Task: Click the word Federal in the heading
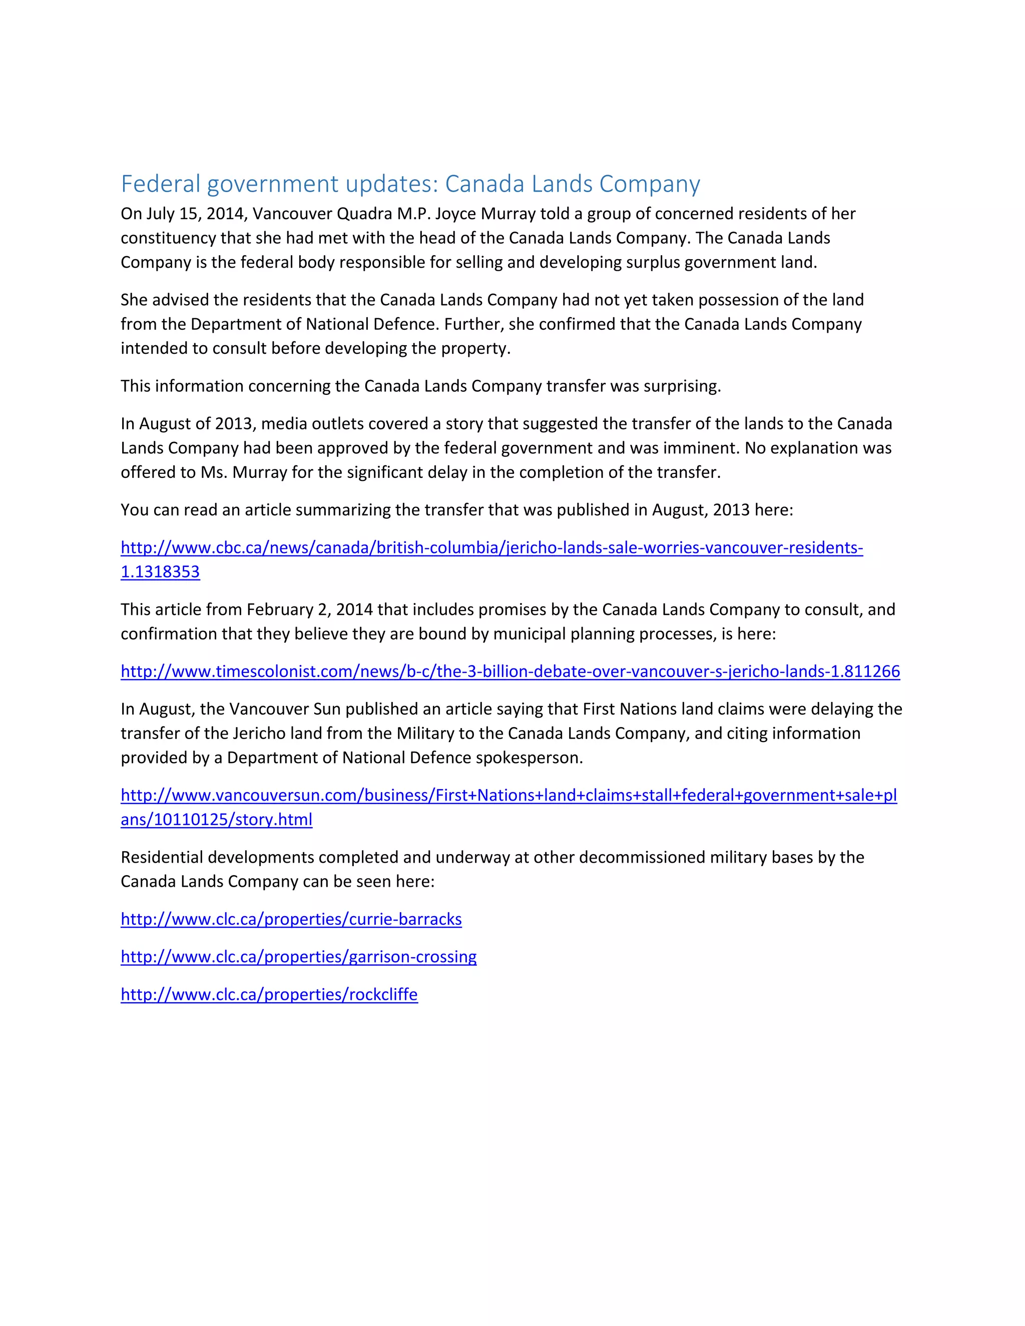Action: [x=160, y=183]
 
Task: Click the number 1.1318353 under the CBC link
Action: [x=160, y=572]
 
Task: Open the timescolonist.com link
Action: [x=510, y=672]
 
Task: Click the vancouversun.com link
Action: [x=509, y=796]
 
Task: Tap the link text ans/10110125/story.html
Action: [x=216, y=820]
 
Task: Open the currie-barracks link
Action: [x=291, y=919]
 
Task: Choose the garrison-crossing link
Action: [x=299, y=957]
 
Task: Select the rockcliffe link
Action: [x=269, y=995]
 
